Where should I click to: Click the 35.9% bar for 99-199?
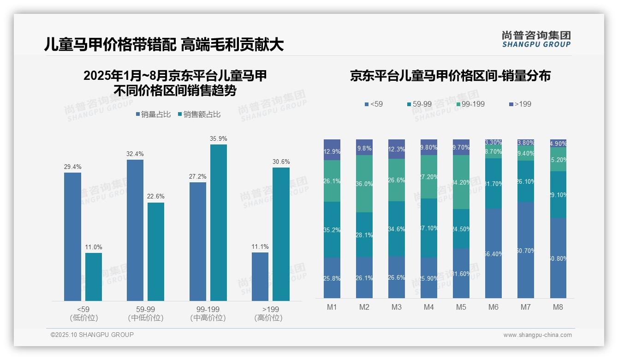(x=219, y=222)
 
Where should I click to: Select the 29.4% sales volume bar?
(x=72, y=237)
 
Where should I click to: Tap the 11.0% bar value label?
(x=94, y=247)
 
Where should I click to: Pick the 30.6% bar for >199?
(x=281, y=234)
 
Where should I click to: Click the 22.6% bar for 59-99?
(x=156, y=252)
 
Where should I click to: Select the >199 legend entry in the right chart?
(x=520, y=104)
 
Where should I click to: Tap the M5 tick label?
(x=461, y=307)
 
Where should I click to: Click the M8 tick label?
(x=558, y=307)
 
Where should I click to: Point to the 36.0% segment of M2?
(x=364, y=184)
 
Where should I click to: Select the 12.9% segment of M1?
(x=332, y=151)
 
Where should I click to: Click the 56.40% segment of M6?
(x=493, y=253)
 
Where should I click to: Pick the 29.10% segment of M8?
(x=558, y=195)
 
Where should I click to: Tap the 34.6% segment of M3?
(x=397, y=229)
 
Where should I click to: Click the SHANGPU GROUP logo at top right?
(x=536, y=39)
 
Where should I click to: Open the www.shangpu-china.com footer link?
(x=537, y=335)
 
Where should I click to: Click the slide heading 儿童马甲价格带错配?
(x=110, y=44)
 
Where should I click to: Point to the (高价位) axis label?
(x=268, y=318)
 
